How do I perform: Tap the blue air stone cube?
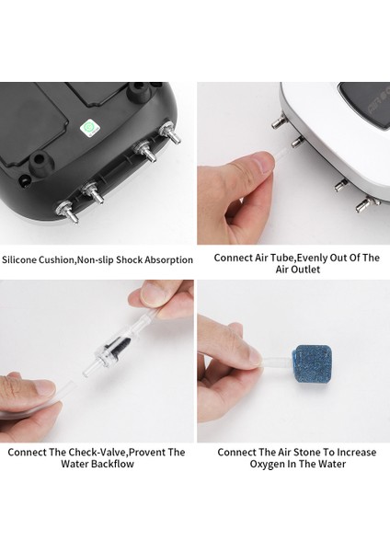coord(311,365)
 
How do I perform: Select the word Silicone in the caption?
coord(19,260)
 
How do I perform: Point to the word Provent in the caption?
coord(147,452)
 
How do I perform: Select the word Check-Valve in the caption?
coord(97,452)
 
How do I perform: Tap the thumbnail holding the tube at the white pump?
coord(263,164)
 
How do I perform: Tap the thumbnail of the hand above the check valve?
coord(153,294)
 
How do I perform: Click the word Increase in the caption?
coord(357,452)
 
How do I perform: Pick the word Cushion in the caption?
coord(56,260)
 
